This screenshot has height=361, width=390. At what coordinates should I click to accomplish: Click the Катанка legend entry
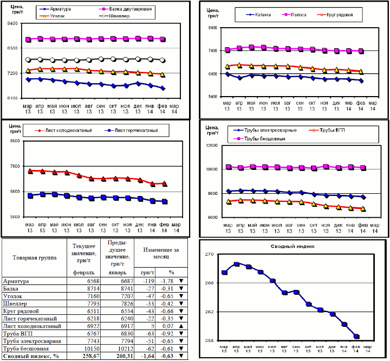pos(264,15)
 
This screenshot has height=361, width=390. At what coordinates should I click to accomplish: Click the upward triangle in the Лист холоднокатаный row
pos(181,326)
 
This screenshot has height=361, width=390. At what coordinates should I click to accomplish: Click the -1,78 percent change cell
pos(167,282)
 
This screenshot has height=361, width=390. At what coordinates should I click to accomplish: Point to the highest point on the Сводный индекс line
pos(237,264)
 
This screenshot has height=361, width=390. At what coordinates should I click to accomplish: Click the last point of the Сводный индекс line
pos(356,337)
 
